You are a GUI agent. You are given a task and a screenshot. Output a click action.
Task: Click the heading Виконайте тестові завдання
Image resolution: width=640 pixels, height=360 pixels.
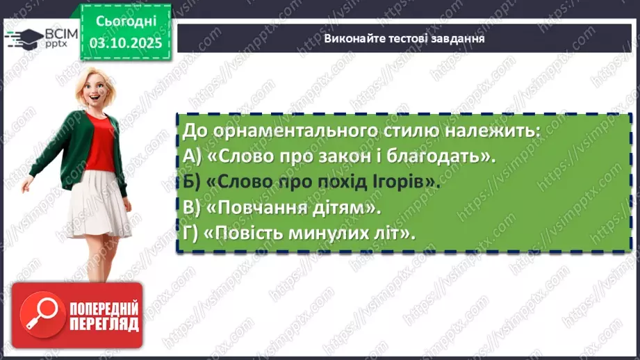tap(404, 39)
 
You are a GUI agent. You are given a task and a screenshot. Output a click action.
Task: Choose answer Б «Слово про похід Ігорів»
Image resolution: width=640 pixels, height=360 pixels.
tap(313, 181)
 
